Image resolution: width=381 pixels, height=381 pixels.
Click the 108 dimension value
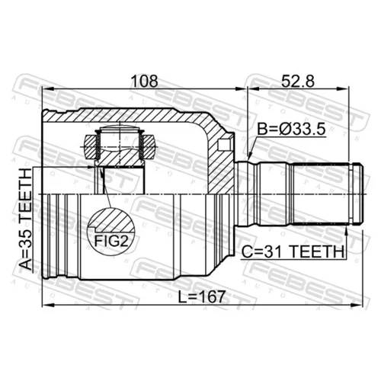[144, 81]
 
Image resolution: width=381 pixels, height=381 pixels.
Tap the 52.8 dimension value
[298, 81]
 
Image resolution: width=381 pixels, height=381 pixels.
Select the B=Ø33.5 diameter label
[291, 130]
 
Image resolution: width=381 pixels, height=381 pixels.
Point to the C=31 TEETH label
[293, 251]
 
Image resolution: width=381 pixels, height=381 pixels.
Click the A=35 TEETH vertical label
[26, 219]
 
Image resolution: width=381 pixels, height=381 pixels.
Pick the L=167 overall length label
[201, 297]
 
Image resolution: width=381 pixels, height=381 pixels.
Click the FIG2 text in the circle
[110, 241]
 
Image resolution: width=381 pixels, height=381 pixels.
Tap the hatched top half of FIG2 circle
[112, 219]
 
